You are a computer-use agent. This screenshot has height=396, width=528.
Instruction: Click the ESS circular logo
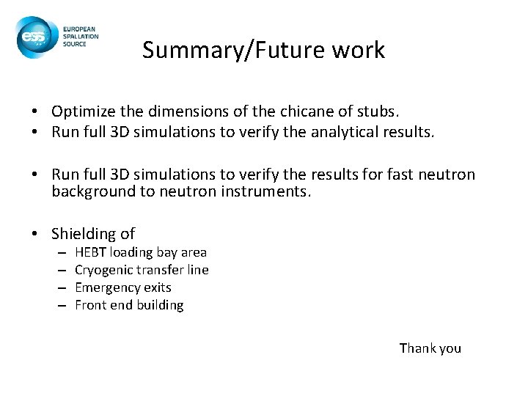tap(33, 37)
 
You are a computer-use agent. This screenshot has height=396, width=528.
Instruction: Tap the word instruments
tap(270, 192)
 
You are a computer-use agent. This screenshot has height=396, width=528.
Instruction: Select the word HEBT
tap(91, 252)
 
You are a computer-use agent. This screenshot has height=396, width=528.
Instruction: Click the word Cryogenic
tap(103, 270)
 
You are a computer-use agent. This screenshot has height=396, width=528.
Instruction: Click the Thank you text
tap(430, 348)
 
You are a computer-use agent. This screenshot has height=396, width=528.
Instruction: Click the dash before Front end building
tap(64, 305)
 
